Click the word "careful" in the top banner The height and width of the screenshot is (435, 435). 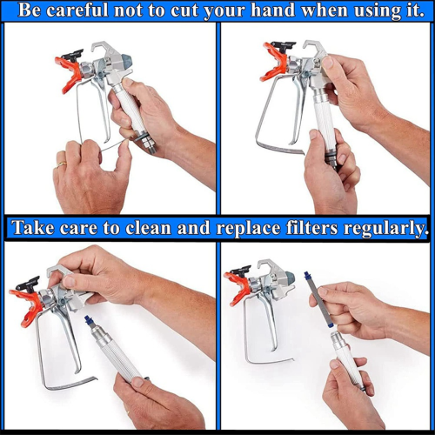coord(77,10)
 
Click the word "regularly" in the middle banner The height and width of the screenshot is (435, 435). coord(385,229)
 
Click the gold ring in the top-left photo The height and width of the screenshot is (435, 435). coord(62,164)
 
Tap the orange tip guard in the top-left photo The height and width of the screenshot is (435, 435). coord(70,73)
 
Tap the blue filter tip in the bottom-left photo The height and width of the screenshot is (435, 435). coord(87,320)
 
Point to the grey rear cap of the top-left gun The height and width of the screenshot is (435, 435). coord(127,60)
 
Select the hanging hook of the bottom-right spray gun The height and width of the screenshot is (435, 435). coord(267,266)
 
